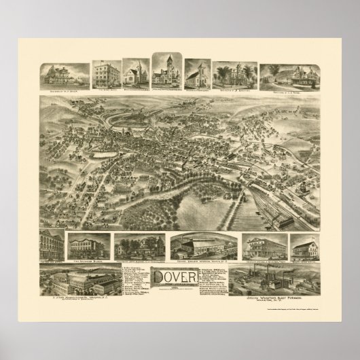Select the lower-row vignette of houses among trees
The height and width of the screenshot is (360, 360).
(140, 246)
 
